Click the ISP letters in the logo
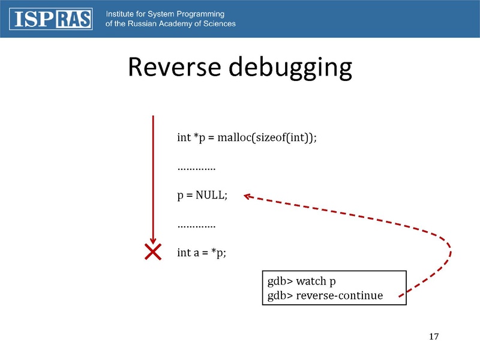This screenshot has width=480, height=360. coord(34,19)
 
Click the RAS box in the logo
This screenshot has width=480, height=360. coord(74,19)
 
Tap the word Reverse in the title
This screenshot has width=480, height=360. coord(174,68)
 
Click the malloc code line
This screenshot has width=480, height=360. coord(247,137)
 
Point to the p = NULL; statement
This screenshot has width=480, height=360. coord(202,196)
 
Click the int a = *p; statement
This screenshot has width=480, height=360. coord(202,253)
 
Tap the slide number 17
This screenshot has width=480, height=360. coord(434,336)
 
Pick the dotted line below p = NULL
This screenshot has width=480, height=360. coord(196,226)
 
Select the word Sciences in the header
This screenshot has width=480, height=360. coord(217,24)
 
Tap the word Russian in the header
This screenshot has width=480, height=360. coord(137,24)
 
